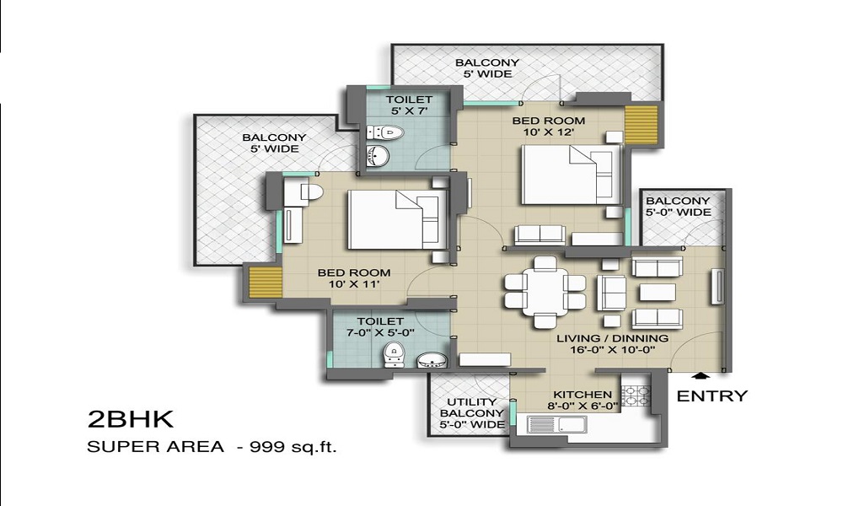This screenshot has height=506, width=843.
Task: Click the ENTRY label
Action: (712, 396)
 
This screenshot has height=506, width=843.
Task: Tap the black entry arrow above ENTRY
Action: (699, 379)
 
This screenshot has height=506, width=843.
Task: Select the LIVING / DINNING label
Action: (613, 344)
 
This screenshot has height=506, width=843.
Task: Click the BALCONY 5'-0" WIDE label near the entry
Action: (678, 207)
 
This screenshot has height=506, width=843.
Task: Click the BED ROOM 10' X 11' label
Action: (353, 278)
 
